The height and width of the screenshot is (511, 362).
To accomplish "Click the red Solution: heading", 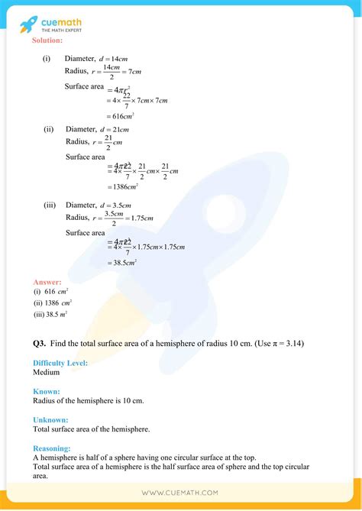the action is [48, 40].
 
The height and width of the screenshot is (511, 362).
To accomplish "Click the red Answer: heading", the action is [47, 281].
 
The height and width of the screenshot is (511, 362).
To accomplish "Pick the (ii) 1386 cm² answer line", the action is [52, 302].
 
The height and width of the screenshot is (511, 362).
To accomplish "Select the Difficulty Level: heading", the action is [60, 363].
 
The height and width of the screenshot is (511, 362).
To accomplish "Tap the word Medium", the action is [47, 373].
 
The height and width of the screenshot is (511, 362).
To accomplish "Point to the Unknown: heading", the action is [50, 419].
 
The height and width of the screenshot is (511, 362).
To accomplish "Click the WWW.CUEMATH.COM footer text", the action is [180, 493].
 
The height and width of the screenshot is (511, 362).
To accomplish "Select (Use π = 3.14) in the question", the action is [269, 344].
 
